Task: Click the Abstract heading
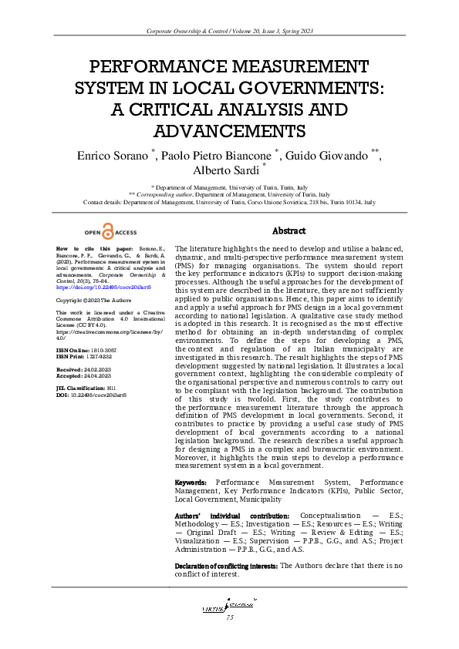(289, 230)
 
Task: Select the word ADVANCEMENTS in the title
(229, 129)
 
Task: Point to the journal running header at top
(229, 30)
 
